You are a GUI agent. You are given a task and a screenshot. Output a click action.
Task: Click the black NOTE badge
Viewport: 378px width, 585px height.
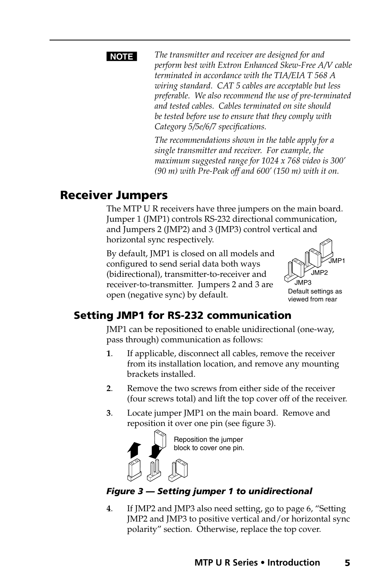122,57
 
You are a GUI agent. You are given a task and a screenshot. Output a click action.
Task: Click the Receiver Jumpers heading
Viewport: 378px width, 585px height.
114,195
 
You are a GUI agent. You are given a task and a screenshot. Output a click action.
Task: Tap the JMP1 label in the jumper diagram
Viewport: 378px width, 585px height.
337,261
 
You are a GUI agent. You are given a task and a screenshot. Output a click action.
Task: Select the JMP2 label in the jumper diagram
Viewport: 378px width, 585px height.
319,273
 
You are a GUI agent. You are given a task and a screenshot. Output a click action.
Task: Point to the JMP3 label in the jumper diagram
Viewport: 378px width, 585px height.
303,283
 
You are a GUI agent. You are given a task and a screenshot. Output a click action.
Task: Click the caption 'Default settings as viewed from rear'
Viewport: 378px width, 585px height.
315,295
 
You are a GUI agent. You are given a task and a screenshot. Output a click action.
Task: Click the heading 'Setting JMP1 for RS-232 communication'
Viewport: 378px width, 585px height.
182,315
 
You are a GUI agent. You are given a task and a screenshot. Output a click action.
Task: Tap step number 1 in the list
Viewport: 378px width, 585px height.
108,354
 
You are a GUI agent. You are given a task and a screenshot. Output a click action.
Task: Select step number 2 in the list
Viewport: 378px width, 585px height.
108,389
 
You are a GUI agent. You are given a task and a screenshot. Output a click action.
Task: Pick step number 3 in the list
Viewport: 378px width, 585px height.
108,413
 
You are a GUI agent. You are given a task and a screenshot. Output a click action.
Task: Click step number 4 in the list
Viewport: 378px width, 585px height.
108,509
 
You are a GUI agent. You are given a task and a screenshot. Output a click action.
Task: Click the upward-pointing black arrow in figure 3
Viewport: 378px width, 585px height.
134,450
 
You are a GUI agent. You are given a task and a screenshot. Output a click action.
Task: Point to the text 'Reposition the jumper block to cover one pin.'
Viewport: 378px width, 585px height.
209,444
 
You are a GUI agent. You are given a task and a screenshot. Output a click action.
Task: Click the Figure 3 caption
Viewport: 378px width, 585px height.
209,491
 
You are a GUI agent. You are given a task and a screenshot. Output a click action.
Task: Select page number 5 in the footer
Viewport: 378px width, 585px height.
347,563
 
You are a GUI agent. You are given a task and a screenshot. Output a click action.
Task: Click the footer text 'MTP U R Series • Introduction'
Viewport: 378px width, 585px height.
257,563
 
